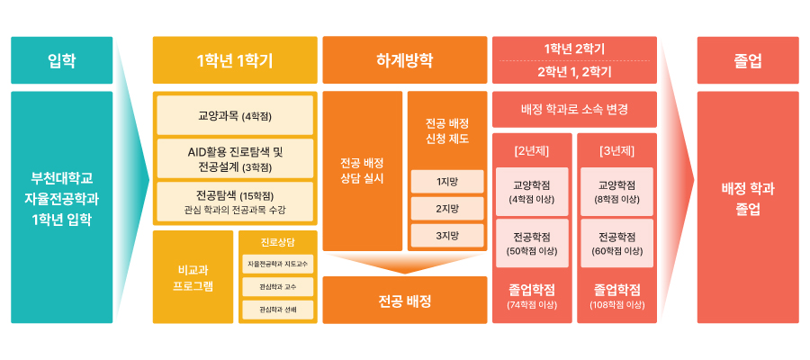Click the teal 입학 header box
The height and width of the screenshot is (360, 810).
61,60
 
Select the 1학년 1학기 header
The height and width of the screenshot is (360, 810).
235,60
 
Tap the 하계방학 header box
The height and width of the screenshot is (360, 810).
405,60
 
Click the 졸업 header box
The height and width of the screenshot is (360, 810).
748,60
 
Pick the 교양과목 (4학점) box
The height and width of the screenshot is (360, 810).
235,115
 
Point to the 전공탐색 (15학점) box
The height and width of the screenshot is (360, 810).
235,202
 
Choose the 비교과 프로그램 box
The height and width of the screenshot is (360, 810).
193,277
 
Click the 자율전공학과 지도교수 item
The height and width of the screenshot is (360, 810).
278,264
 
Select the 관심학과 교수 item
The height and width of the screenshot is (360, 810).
278,287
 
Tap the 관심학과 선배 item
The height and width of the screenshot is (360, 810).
278,310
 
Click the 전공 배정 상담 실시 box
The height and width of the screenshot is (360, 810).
362,171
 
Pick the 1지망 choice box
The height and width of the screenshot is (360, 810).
447,181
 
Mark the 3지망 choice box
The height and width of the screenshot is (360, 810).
447,236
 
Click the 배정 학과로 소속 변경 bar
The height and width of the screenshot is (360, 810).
574,110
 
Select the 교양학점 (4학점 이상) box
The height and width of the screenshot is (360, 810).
532,192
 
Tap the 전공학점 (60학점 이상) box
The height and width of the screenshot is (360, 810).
616,243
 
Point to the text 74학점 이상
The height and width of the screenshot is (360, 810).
532,305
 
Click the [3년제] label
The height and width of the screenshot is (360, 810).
616,152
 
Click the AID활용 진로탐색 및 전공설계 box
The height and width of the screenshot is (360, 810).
235,158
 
